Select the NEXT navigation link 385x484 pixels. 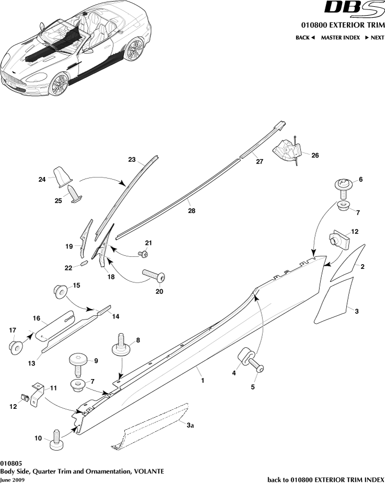click(x=375, y=38)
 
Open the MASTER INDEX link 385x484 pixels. click(x=340, y=38)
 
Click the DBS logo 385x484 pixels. click(x=354, y=8)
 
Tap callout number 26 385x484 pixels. click(x=314, y=155)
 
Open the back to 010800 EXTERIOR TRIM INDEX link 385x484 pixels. click(x=325, y=479)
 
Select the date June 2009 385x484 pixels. click(x=12, y=479)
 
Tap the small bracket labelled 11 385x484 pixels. click(x=36, y=395)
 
